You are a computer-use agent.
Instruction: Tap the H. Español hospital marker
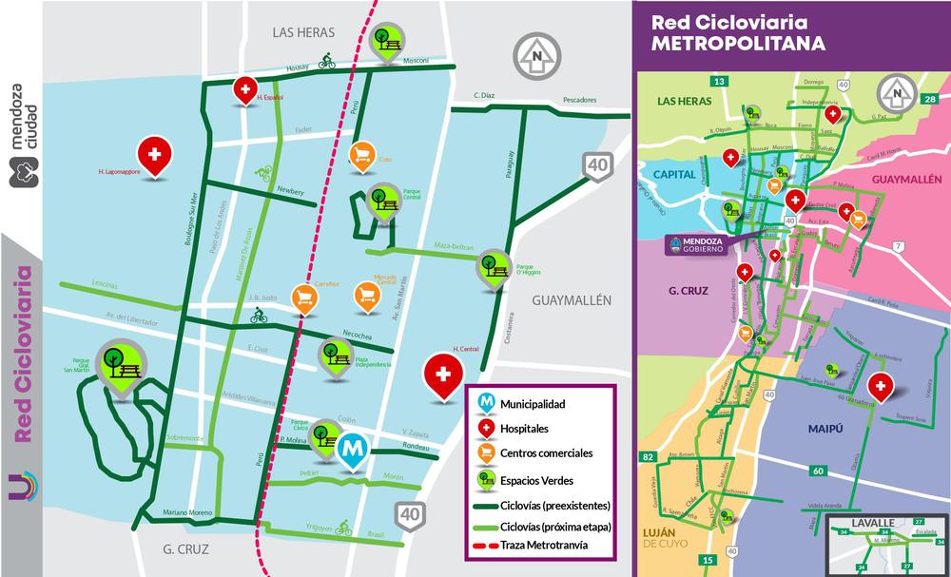[245, 90]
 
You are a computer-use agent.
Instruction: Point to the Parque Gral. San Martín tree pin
[125, 362]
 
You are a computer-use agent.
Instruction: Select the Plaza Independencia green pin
[334, 355]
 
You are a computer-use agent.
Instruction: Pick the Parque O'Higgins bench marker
[494, 266]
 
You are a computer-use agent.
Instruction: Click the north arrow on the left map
[535, 56]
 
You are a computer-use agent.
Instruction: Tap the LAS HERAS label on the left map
[302, 31]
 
